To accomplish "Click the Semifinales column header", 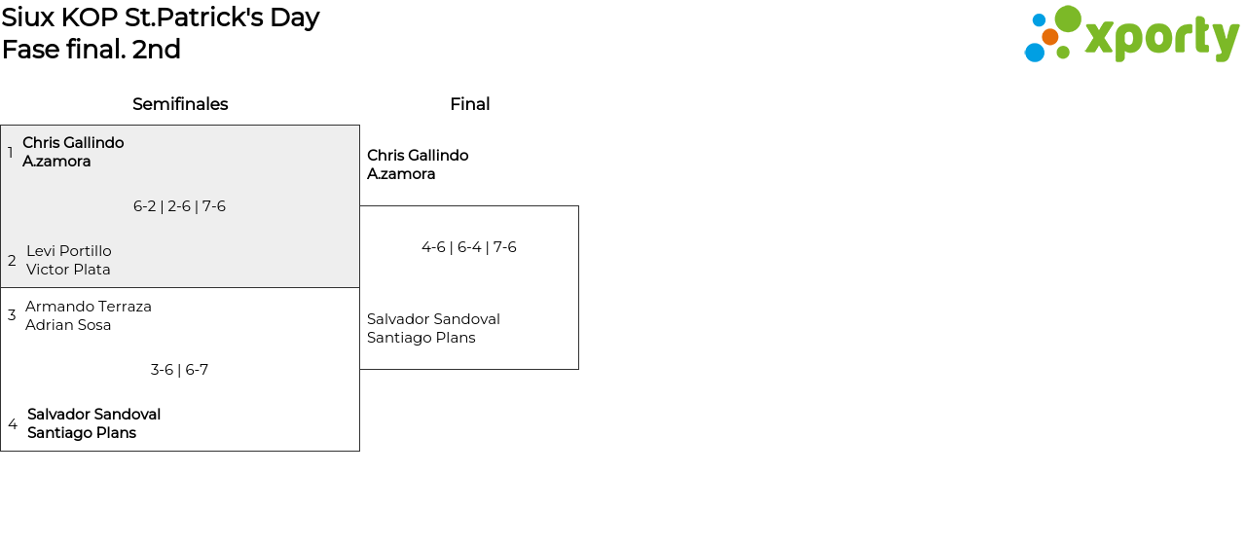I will [180, 104].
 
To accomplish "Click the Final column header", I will [469, 104].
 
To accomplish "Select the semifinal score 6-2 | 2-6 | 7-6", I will [179, 206].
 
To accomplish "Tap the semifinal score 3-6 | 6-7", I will [179, 370].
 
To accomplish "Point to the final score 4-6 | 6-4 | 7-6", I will [468, 247].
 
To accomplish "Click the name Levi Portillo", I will [69, 251].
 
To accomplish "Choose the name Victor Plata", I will [68, 270].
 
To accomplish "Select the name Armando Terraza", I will [89, 307].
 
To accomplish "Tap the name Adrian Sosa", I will [68, 325].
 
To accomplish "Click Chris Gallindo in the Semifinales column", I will [73, 143].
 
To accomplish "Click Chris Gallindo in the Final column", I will [418, 156].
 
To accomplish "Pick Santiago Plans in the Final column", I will [421, 338].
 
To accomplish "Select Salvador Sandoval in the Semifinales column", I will [93, 415].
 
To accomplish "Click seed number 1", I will [11, 153].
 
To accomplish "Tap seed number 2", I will [12, 261].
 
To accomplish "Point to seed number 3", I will [12, 315].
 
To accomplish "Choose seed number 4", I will [12, 424].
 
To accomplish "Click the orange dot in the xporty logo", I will [1049, 37].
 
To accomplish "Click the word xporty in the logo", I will [1161, 39].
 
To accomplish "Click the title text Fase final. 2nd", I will [92, 50].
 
